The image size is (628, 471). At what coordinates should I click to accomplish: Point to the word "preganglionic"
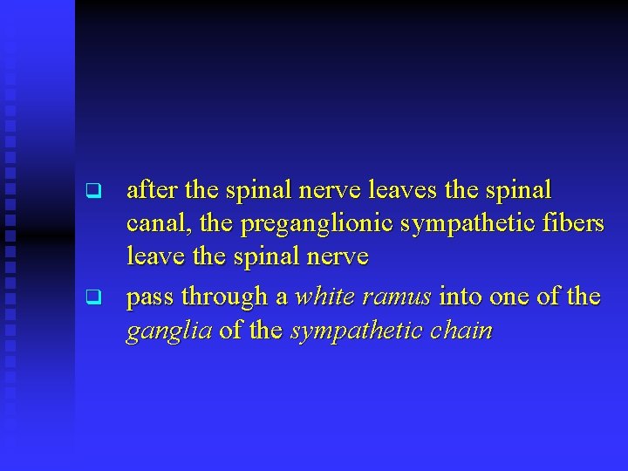[x=321, y=225]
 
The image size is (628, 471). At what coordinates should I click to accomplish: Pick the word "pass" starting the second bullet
[x=152, y=298]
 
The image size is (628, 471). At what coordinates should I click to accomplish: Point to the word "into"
[x=461, y=297]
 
